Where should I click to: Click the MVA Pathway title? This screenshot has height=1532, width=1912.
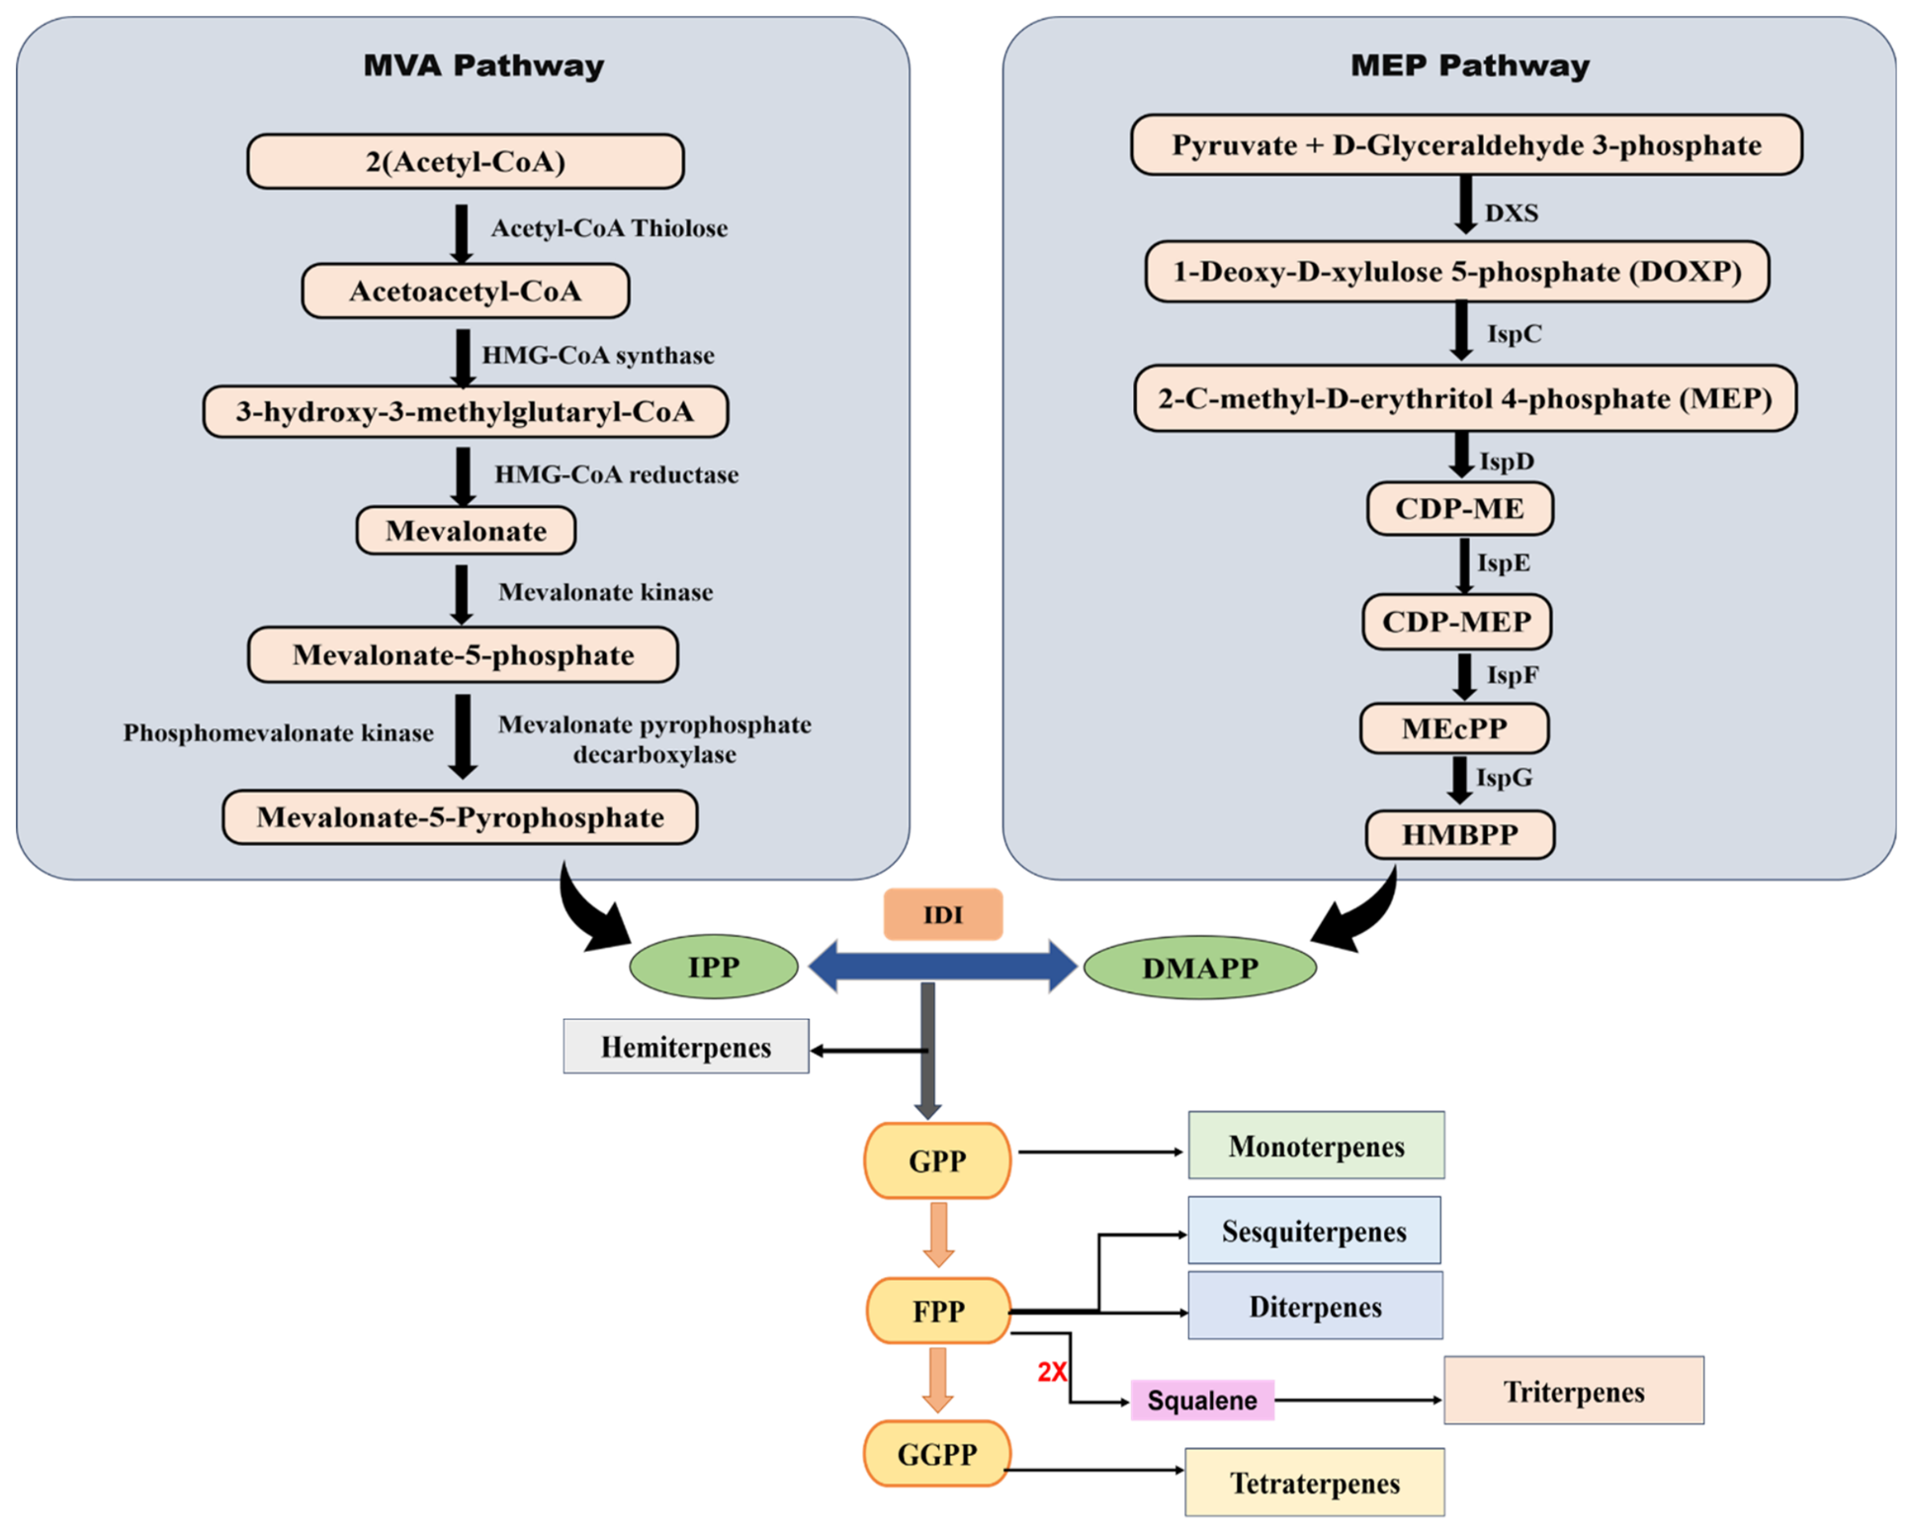point(483,66)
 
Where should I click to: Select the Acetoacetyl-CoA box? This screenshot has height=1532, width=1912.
point(465,291)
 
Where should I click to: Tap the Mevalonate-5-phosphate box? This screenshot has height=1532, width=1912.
point(463,654)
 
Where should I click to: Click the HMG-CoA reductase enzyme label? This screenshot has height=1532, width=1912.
point(616,474)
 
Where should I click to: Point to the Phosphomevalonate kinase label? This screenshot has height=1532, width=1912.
point(278,732)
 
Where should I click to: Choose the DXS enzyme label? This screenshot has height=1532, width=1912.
point(1511,213)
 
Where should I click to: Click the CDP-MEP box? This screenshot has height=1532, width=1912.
point(1456,622)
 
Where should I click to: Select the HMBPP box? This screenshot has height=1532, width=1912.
point(1459,835)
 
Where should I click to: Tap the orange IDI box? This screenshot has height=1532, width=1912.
point(943,914)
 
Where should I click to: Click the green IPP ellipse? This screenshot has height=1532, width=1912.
point(714,967)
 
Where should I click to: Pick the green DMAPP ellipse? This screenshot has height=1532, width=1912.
point(1200,968)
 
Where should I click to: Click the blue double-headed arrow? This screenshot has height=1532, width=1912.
point(943,966)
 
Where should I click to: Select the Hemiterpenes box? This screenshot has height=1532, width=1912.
point(686,1047)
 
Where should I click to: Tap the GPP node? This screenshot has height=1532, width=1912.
point(937,1160)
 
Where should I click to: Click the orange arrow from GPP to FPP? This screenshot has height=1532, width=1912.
point(938,1234)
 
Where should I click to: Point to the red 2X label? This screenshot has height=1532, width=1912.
point(1052,1372)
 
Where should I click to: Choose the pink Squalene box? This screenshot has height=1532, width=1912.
point(1202,1401)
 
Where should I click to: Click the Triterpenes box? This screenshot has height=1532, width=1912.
point(1574,1391)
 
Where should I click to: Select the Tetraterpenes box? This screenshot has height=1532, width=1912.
point(1315,1483)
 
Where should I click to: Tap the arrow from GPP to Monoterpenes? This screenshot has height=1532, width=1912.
point(1101,1151)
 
